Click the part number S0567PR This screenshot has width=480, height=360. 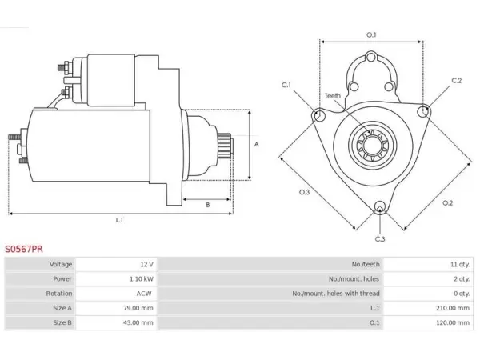24,249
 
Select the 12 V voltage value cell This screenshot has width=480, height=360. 146,264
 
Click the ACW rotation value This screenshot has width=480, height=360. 144,294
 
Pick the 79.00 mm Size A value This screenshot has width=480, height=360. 138,308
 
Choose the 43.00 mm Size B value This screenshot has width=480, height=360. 138,322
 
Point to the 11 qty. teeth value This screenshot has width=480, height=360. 460,264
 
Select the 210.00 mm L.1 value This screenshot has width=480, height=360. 453,308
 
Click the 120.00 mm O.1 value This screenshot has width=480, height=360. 453,322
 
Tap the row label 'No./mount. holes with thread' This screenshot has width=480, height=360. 336,294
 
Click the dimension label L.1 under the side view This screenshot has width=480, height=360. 119,220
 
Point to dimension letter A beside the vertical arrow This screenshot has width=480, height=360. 257,144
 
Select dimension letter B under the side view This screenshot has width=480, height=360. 208,205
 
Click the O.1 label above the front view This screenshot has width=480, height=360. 371,35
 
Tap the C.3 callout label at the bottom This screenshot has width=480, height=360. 380,238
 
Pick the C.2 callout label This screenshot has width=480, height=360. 457,81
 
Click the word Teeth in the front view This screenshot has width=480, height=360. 333,96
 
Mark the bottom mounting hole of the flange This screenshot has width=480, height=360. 380,206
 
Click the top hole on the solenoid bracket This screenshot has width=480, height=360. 371,58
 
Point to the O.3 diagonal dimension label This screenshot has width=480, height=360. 304,192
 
